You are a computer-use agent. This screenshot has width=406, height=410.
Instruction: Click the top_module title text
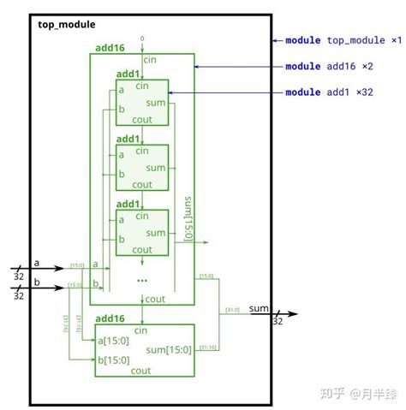[x=67, y=25]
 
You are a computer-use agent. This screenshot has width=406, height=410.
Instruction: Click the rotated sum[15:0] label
[x=188, y=218]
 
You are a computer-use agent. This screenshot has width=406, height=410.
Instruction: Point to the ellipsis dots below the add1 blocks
[x=141, y=280]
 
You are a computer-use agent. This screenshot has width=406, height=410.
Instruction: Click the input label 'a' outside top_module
[x=37, y=263]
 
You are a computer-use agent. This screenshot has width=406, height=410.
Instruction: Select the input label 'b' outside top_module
[x=37, y=282]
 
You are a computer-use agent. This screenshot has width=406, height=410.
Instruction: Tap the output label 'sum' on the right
[x=260, y=307]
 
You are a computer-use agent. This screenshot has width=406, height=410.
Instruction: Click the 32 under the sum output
[x=277, y=322]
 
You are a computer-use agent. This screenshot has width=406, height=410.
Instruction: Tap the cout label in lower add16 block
[x=142, y=371]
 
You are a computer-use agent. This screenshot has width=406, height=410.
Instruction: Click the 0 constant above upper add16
[x=142, y=39]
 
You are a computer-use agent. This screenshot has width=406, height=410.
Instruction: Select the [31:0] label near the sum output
[x=232, y=309]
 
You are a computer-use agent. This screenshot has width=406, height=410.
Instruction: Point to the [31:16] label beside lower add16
[x=208, y=346]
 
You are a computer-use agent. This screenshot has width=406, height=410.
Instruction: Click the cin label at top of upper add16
[x=150, y=59]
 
